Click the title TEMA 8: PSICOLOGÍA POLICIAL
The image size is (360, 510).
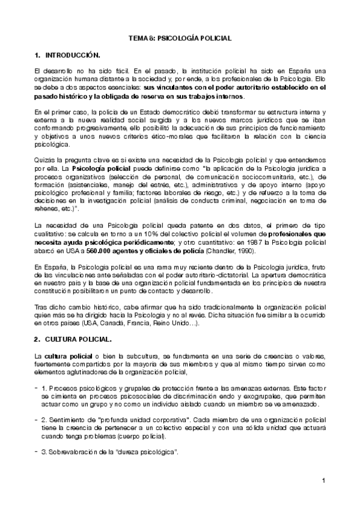click(180, 38)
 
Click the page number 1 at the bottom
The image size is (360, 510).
click(323, 480)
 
